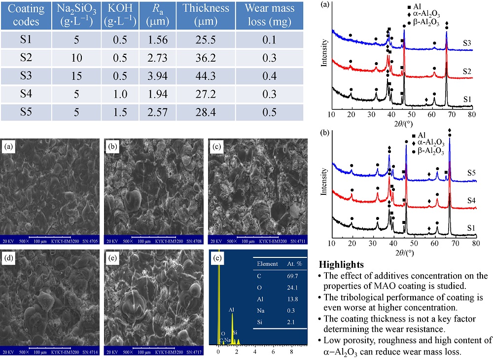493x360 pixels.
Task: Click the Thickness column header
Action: (206, 15)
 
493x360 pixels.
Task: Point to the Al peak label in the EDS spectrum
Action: (231, 310)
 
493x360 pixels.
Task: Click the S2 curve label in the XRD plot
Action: (467, 72)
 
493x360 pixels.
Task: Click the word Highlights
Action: (342, 264)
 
